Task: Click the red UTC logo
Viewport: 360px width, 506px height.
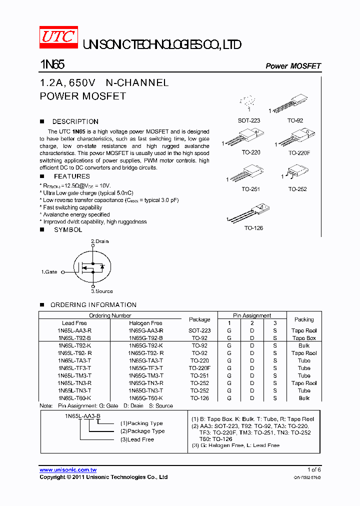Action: [58, 37]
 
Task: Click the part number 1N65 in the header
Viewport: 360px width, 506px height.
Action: [52, 65]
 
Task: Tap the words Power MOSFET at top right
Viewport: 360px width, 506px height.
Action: [293, 66]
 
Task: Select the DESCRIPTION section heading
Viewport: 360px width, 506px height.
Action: [75, 121]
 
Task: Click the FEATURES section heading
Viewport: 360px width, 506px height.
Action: [71, 176]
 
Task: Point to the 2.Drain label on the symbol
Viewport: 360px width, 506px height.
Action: [99, 241]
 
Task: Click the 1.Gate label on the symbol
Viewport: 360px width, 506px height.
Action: [49, 272]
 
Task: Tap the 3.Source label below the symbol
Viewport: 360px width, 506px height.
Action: [101, 291]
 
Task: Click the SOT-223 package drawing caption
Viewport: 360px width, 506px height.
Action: [248, 120]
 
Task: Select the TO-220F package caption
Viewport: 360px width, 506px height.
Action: [299, 152]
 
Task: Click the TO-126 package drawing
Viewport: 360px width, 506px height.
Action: [250, 212]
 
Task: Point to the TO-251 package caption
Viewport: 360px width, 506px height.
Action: [251, 189]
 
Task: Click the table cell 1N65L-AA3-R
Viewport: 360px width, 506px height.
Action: [74, 330]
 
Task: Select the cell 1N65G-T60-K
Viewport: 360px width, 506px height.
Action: [145, 398]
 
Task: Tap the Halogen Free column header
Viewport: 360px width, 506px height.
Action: [145, 323]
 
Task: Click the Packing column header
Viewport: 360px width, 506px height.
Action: [304, 319]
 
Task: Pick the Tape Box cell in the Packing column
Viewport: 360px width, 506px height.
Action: [304, 338]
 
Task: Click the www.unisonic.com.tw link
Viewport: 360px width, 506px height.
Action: [68, 470]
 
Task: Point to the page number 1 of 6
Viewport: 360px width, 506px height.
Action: [313, 469]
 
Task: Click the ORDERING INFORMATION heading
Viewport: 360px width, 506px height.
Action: [93, 305]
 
